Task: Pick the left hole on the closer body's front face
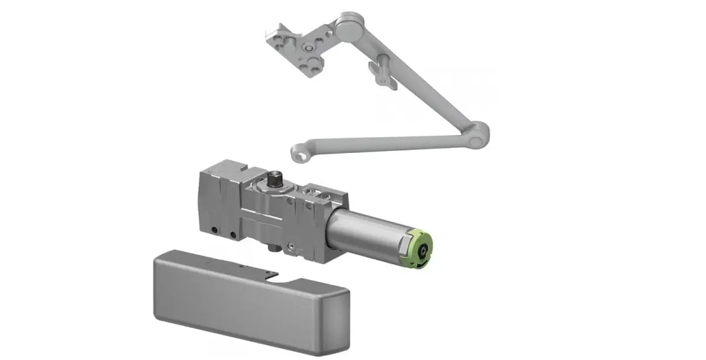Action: tap(216, 229)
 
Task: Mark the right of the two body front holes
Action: tap(233, 235)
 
